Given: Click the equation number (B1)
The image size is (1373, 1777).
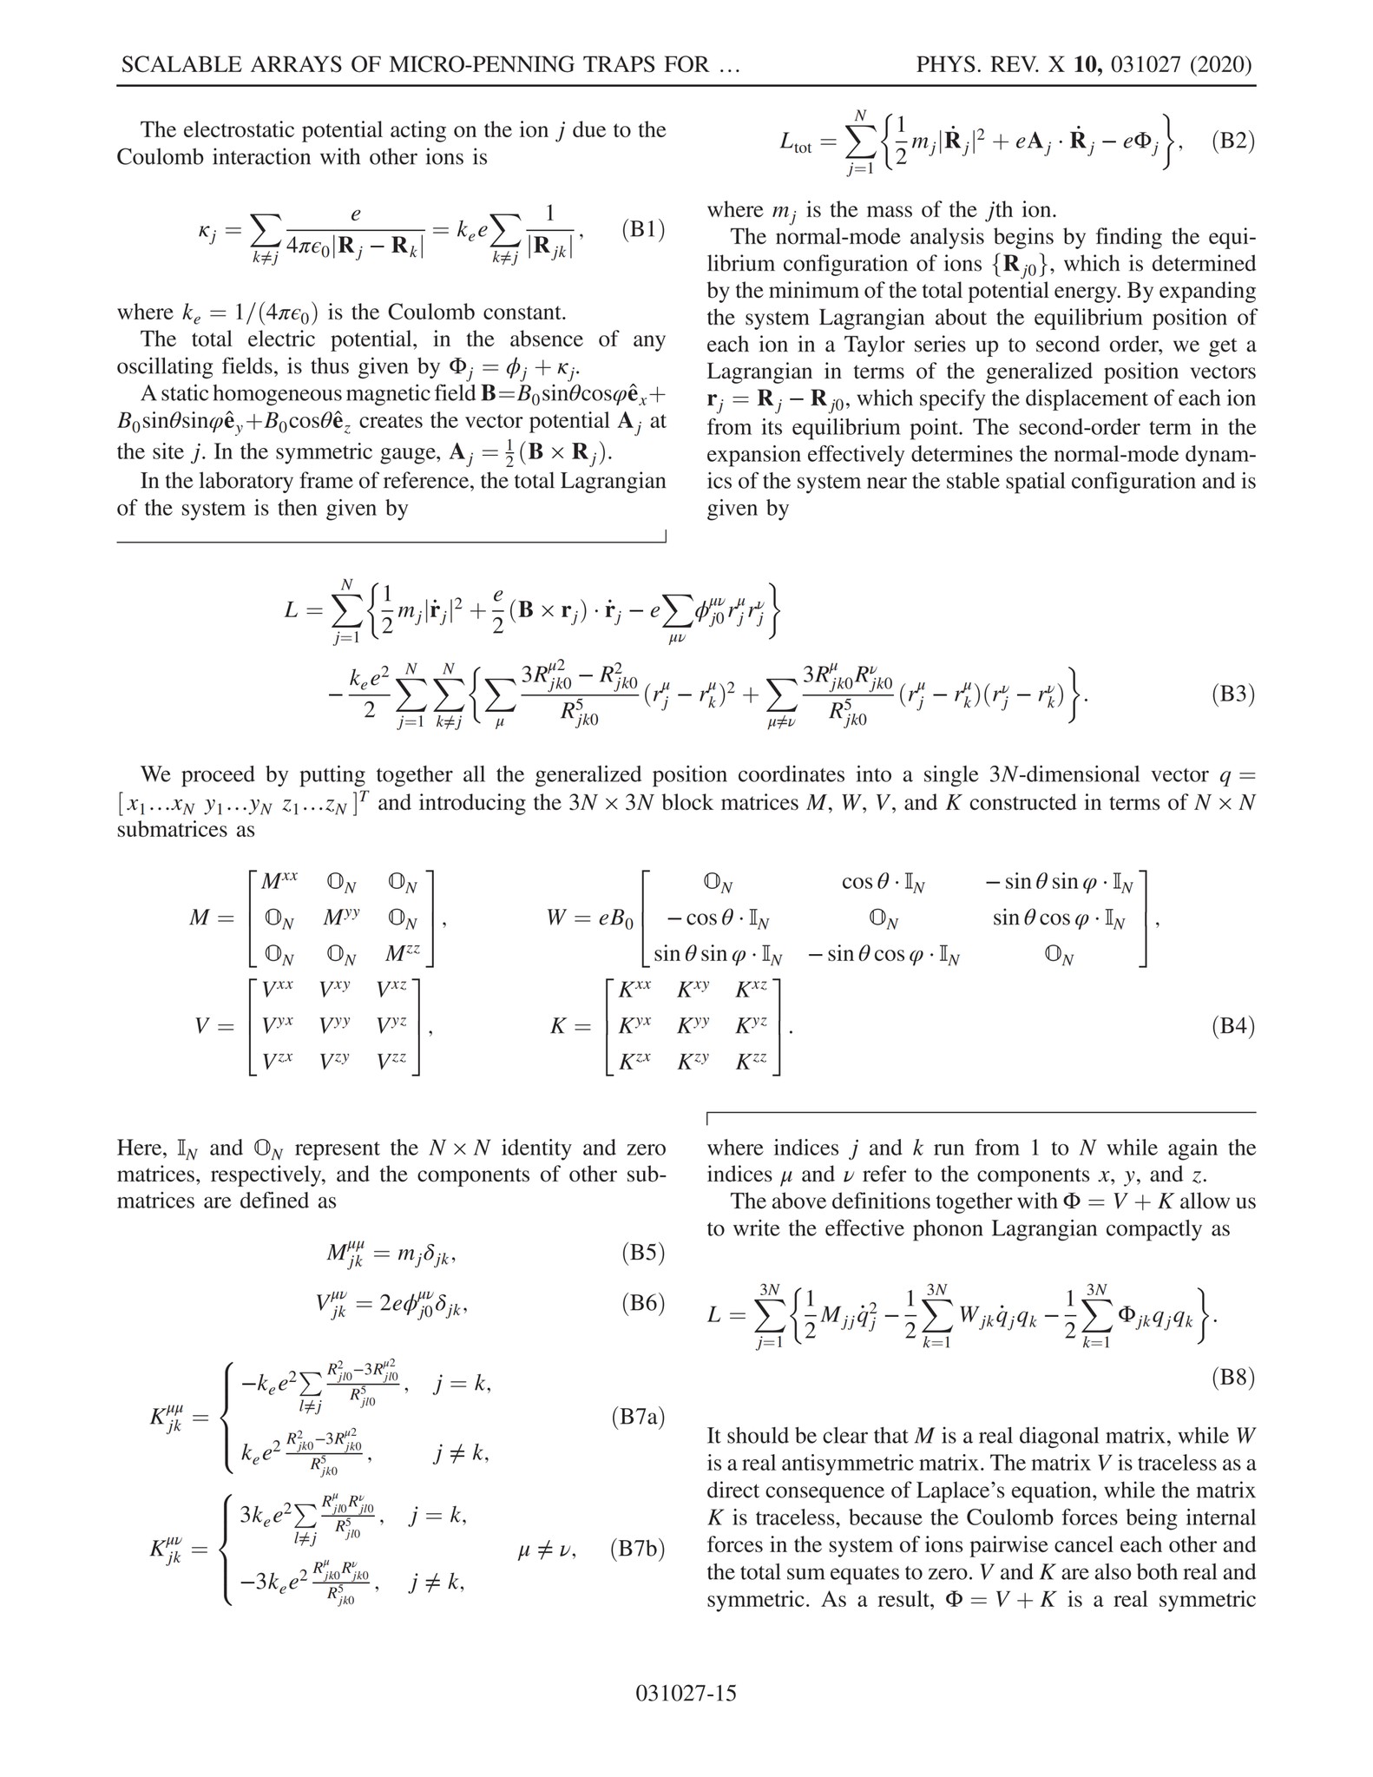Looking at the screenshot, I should [643, 230].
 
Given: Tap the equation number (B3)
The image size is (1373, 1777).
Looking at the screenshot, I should [1232, 694].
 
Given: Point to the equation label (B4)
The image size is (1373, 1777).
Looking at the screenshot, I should [1232, 1027].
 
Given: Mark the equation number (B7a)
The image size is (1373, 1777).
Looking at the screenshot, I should [638, 1417].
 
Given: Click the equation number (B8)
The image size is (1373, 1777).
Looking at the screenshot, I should [1232, 1378].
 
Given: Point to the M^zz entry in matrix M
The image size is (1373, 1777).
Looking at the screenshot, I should [402, 953].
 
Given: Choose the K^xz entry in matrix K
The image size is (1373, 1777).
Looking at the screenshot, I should [752, 990].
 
